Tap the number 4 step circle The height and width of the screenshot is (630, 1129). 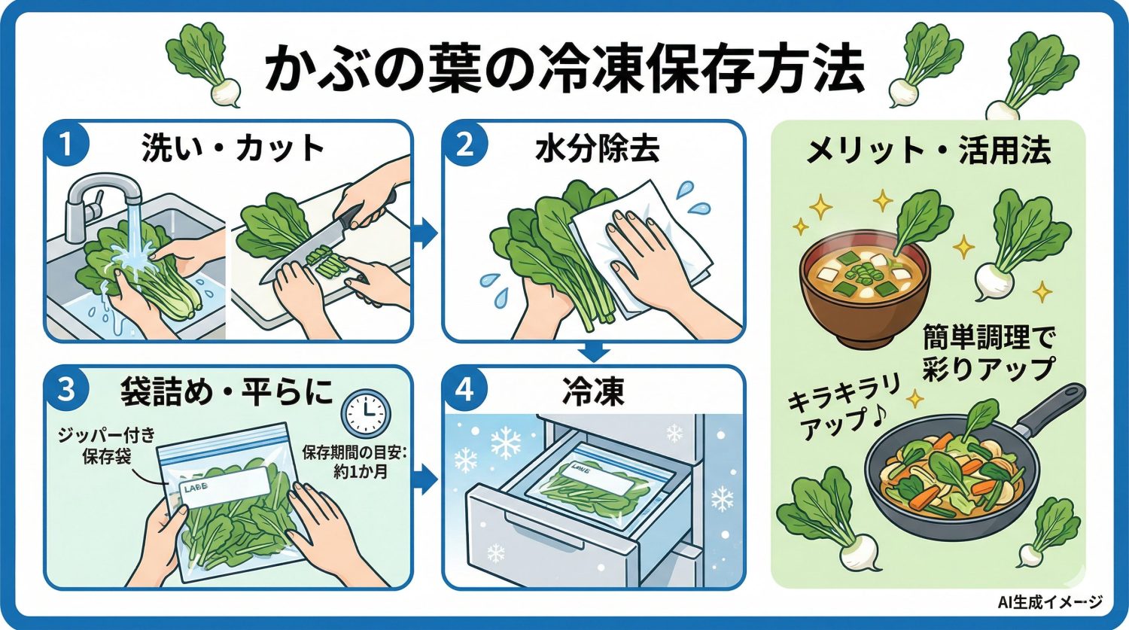(x=465, y=390)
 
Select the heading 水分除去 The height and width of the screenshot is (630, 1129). (x=598, y=150)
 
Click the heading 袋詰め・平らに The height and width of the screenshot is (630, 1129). (x=226, y=391)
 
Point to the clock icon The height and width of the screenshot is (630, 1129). (x=366, y=415)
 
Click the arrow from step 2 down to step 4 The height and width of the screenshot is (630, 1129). (x=595, y=351)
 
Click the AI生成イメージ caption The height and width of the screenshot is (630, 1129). (x=1050, y=602)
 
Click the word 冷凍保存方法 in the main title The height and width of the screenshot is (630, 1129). (x=699, y=70)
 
